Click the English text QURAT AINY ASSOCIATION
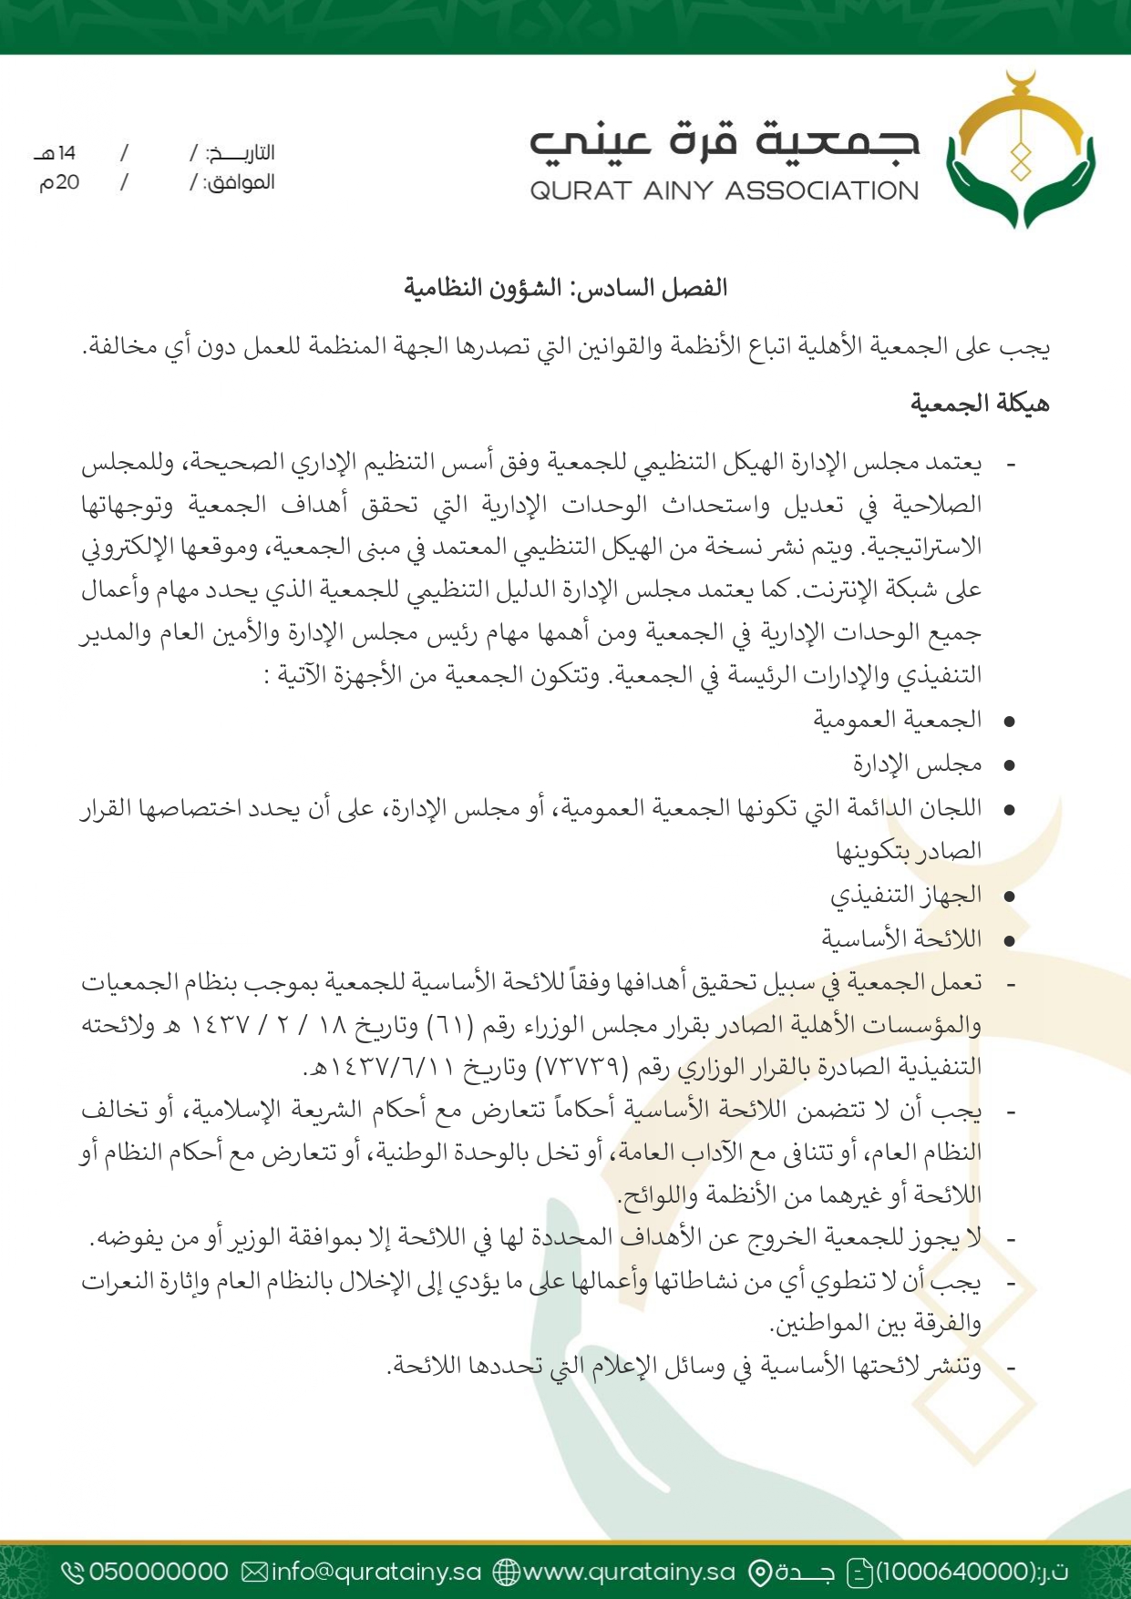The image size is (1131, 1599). coord(725,190)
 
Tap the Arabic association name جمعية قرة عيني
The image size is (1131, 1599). coord(725,141)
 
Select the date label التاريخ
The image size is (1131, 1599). coord(240,152)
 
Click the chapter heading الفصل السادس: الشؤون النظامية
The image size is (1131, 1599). coord(565,289)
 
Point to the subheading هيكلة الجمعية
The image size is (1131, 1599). coord(980,404)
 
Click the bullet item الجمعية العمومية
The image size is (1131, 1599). coord(898,721)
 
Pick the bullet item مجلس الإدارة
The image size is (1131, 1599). coord(917,764)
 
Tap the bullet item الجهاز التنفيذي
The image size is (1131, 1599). coord(906,895)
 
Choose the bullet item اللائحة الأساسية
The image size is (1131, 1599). coord(901,938)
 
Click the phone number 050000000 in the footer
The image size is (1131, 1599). coord(159,1572)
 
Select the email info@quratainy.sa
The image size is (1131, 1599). coord(375,1572)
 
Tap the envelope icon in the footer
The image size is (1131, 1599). coord(255,1572)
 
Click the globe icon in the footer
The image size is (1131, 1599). coord(506,1572)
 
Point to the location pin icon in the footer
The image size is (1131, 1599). coord(759,1573)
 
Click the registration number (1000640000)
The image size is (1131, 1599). coord(955,1572)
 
